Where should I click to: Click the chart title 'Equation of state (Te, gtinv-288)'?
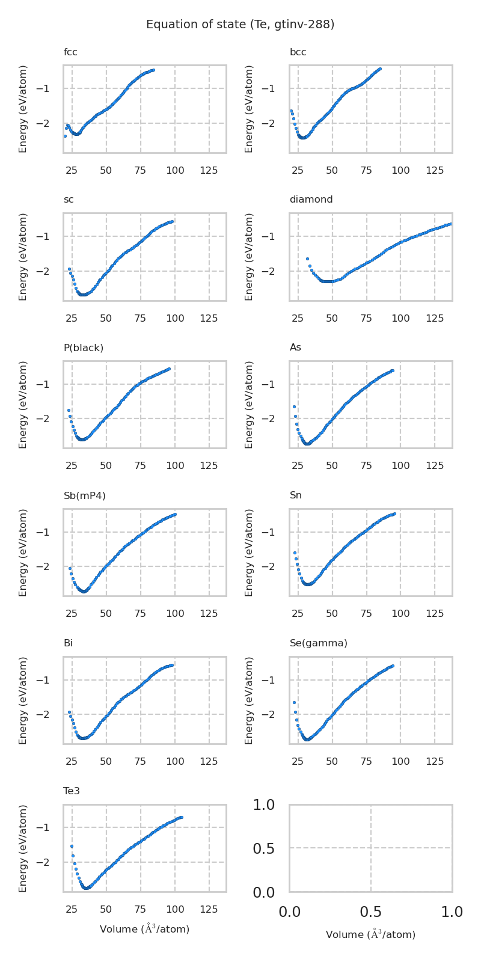[240, 25]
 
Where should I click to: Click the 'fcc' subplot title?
[70, 52]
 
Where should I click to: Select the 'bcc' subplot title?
[298, 52]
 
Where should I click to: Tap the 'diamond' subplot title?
[311, 200]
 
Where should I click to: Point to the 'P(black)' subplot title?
[84, 348]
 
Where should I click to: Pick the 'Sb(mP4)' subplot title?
[85, 495]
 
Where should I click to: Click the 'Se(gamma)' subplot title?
[319, 643]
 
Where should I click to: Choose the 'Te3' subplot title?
[72, 791]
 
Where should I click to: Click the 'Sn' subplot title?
[296, 495]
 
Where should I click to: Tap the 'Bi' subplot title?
[68, 643]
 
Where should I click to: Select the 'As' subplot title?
[295, 348]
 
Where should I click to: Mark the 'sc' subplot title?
[69, 200]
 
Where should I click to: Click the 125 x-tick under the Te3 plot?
[209, 910]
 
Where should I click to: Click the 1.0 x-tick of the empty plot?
[452, 913]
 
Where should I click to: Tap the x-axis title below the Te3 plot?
[144, 929]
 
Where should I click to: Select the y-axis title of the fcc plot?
[23, 109]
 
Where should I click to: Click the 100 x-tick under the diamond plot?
[400, 318]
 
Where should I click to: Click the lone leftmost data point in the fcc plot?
[65, 136]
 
